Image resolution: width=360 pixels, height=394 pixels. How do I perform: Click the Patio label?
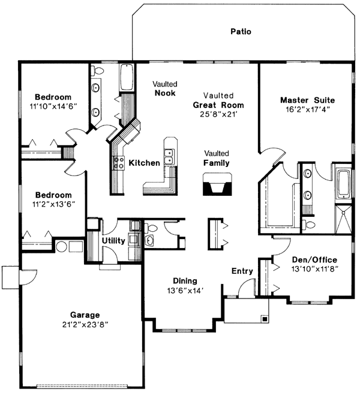[241, 31]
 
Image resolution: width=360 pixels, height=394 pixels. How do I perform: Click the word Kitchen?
[145, 163]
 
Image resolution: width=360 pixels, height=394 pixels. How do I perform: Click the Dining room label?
[185, 280]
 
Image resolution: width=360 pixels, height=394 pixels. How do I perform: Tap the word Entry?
[242, 271]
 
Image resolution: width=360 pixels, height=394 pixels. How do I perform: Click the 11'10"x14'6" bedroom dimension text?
[53, 107]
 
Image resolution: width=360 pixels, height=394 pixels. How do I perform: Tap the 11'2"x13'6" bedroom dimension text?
[53, 205]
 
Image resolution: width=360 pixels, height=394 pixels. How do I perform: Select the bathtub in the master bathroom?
[344, 184]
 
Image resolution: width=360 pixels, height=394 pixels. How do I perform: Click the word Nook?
[164, 93]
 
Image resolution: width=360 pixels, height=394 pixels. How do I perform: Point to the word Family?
[216, 163]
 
